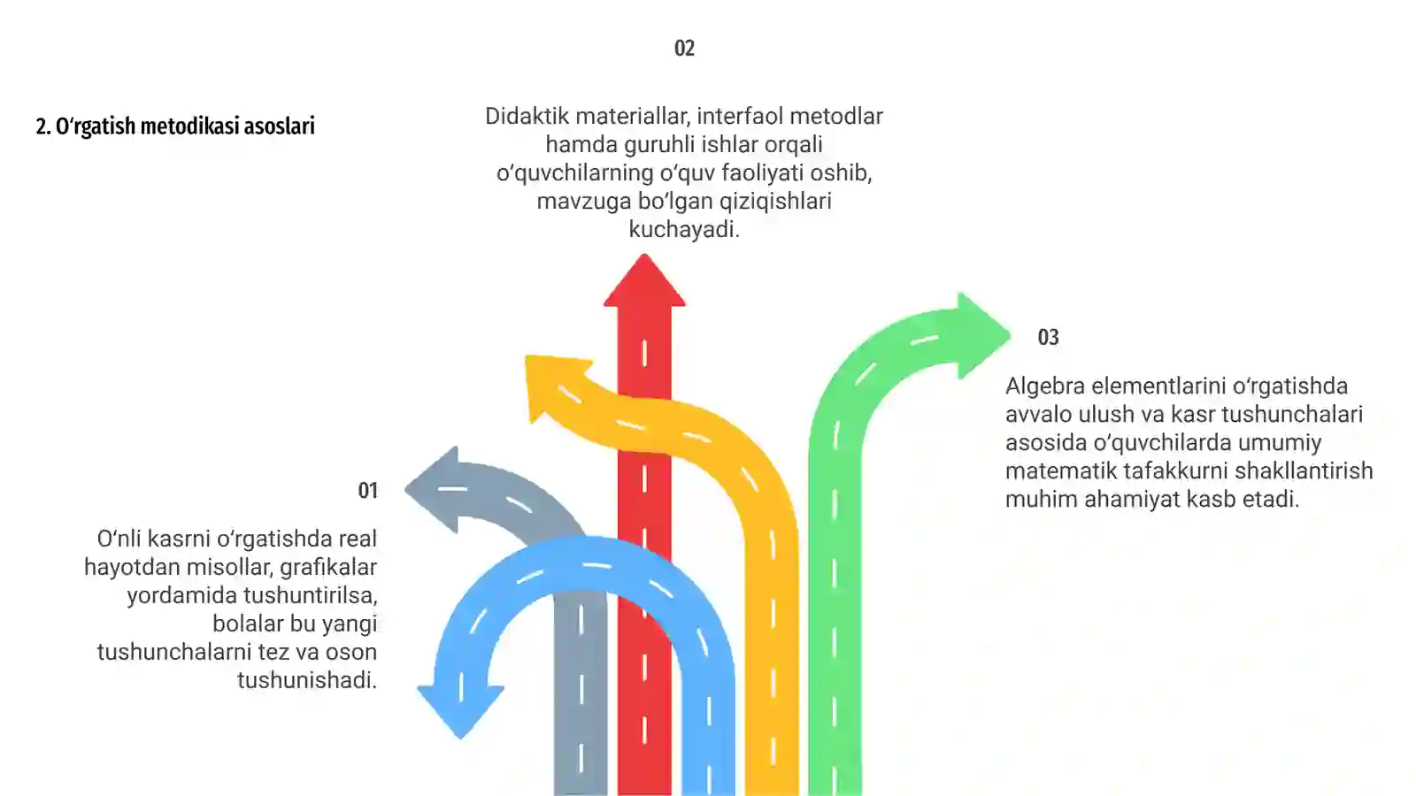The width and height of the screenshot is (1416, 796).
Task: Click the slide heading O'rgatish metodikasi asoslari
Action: pos(175,126)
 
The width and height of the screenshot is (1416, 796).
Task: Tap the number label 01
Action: pos(368,491)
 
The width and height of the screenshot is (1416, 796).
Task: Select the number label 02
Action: pos(685,49)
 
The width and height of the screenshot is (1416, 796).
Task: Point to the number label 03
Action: pos(1048,337)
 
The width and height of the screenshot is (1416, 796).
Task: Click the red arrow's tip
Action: pos(644,255)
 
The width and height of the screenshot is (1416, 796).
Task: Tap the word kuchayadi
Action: pos(684,229)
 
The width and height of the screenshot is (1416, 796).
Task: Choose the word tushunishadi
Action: pos(306,680)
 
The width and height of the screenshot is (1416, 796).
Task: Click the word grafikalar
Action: pos(328,567)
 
